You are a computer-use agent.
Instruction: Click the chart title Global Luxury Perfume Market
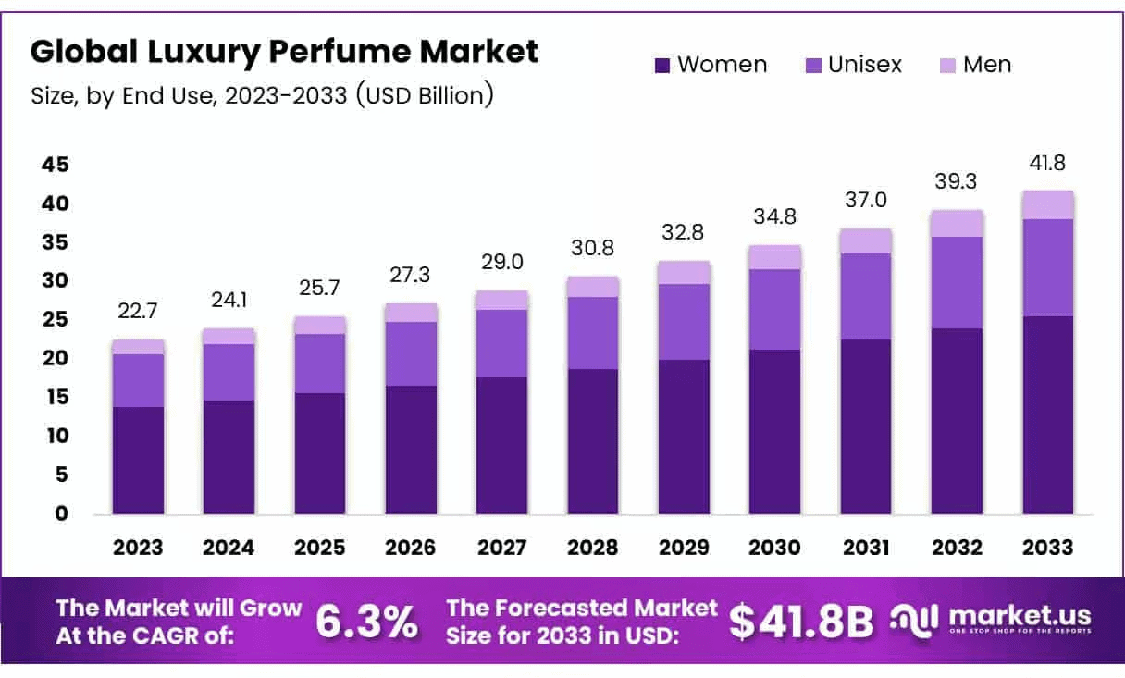pyautogui.click(x=284, y=52)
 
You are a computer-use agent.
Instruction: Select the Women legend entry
pyautogui.click(x=711, y=65)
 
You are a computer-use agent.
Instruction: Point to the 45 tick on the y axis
pyautogui.click(x=54, y=165)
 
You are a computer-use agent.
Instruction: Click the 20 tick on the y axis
pyautogui.click(x=54, y=359)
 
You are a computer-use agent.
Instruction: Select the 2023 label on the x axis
pyautogui.click(x=138, y=548)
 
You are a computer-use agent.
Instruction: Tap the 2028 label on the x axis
pyautogui.click(x=593, y=548)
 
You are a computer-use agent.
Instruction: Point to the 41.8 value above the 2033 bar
pyautogui.click(x=1048, y=164)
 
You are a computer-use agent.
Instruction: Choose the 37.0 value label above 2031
pyautogui.click(x=866, y=201)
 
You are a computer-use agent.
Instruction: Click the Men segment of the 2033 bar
pyautogui.click(x=1048, y=204)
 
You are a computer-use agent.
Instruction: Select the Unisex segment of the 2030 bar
pyautogui.click(x=775, y=309)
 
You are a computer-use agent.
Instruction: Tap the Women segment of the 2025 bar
pyautogui.click(x=320, y=453)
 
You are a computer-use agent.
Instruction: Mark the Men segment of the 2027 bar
pyautogui.click(x=502, y=300)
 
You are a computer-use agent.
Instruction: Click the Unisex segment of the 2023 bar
pyautogui.click(x=138, y=380)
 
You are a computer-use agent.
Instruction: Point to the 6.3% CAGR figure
pyautogui.click(x=366, y=622)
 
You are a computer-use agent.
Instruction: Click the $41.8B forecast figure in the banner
pyautogui.click(x=801, y=622)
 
